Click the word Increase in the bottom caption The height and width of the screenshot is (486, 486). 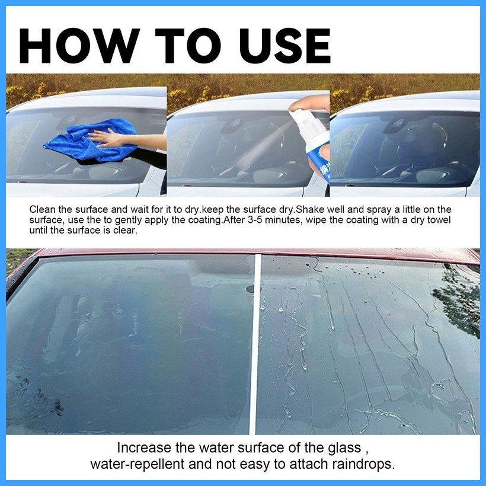pyautogui.click(x=142, y=447)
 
